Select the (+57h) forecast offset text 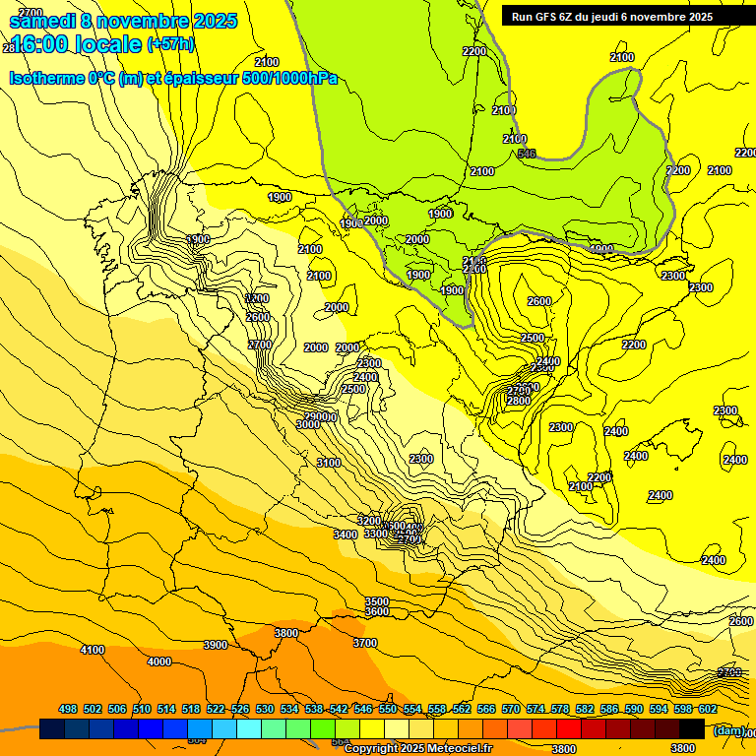point(170,44)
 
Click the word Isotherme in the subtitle point(46,79)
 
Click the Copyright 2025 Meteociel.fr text point(417,749)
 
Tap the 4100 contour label point(93,650)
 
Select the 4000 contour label point(158,661)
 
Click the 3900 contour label point(216,645)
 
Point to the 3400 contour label point(346,535)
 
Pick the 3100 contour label point(329,463)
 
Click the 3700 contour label point(364,643)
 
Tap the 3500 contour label point(376,601)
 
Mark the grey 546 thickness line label point(527,154)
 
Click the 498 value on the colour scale point(68,709)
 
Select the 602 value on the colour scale point(708,709)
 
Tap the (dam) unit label point(728,729)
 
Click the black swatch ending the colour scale point(692,729)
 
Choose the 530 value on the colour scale point(265,709)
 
